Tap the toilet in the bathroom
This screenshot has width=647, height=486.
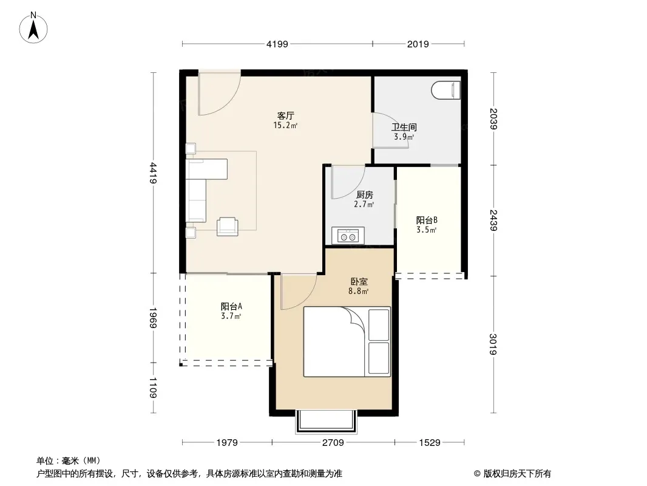445,90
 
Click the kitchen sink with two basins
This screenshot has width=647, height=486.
348,236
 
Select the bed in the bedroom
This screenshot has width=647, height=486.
347,341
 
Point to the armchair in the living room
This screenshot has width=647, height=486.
228,226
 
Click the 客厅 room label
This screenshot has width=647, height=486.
285,115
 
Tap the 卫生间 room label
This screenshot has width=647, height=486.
404,127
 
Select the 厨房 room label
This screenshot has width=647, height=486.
364,194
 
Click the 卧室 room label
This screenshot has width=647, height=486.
359,282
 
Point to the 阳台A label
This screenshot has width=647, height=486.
231,306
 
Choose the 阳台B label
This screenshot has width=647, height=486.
427,220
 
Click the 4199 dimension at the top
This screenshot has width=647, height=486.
277,44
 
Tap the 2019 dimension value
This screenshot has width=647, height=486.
418,44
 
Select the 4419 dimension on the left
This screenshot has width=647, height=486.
153,173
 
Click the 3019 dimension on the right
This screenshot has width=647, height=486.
493,344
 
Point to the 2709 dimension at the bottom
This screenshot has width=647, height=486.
333,443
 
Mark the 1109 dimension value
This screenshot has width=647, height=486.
153,388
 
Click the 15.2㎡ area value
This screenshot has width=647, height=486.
285,125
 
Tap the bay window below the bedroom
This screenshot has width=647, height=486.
325,421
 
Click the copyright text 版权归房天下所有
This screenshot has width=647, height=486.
517,474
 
